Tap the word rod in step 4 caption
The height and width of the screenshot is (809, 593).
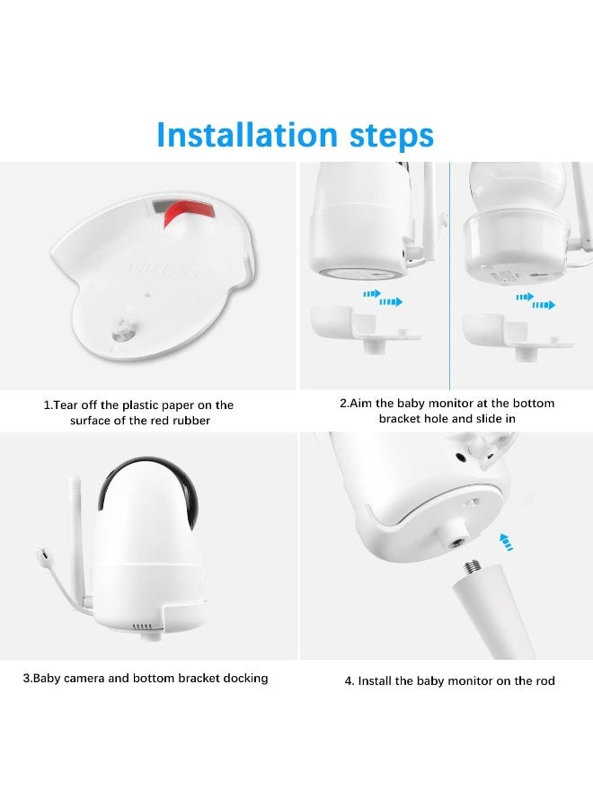(x=544, y=680)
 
